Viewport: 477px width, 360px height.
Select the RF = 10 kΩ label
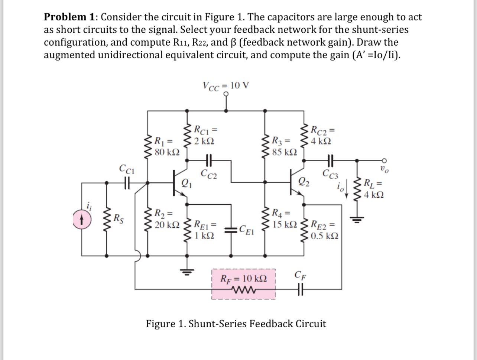(x=243, y=278)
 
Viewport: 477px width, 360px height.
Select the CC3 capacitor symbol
(x=330, y=160)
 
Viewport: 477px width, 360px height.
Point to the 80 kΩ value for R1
(x=167, y=152)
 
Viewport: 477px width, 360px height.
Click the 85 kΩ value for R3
(x=284, y=152)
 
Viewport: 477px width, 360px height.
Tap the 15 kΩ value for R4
(x=284, y=224)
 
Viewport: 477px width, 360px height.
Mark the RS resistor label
(x=119, y=218)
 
